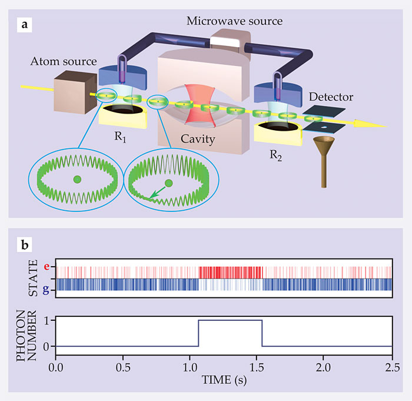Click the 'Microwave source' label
coord(234,21)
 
